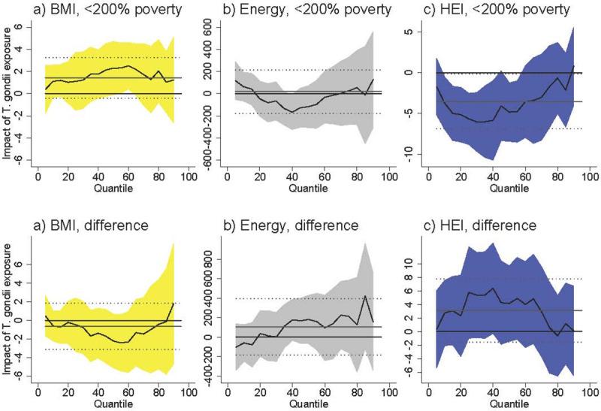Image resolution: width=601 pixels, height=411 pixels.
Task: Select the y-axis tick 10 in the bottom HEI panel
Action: pyautogui.click(x=424, y=264)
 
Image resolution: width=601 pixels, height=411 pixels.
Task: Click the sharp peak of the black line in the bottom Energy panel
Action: pyautogui.click(x=365, y=295)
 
